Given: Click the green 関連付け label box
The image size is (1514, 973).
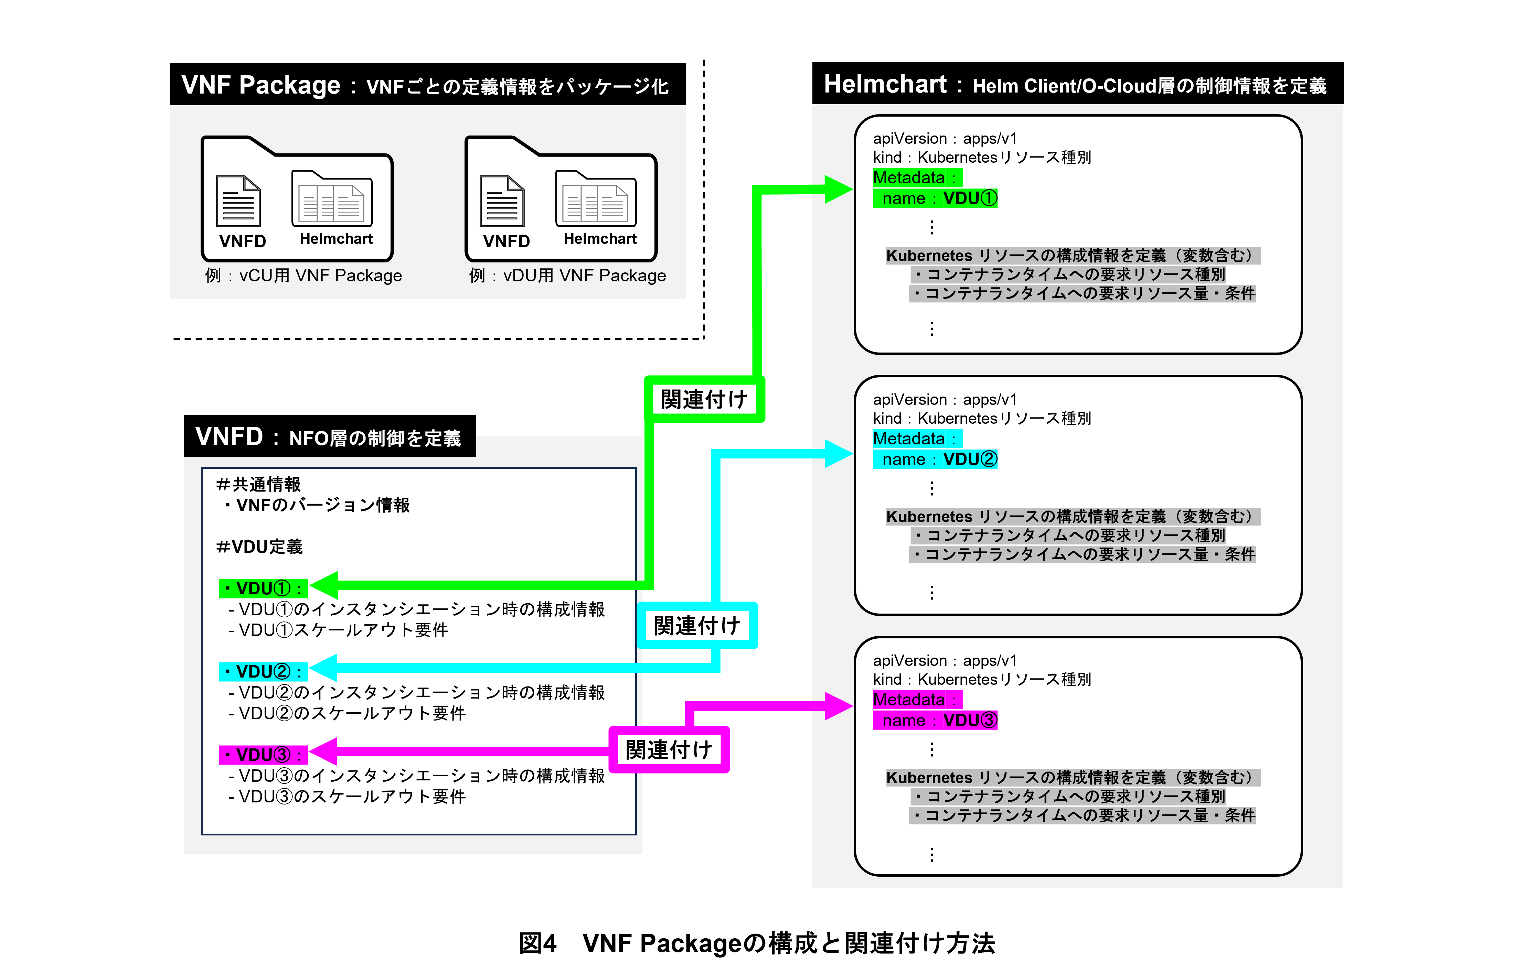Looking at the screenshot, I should tap(704, 399).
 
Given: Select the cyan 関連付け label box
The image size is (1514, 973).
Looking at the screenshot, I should tap(697, 626).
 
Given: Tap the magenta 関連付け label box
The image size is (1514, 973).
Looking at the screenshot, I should tap(669, 750).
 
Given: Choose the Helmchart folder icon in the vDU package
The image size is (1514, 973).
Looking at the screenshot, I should tap(596, 198).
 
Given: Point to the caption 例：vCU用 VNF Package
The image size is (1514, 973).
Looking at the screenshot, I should tap(303, 275).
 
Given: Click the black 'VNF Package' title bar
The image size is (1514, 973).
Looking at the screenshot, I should tap(427, 85).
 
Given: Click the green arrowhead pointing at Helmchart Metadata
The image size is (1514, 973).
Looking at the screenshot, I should tap(838, 189).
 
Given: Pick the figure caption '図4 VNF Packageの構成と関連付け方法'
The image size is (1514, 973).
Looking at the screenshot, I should tap(757, 943).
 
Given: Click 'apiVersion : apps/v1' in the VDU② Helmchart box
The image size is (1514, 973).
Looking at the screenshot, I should tap(945, 399).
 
